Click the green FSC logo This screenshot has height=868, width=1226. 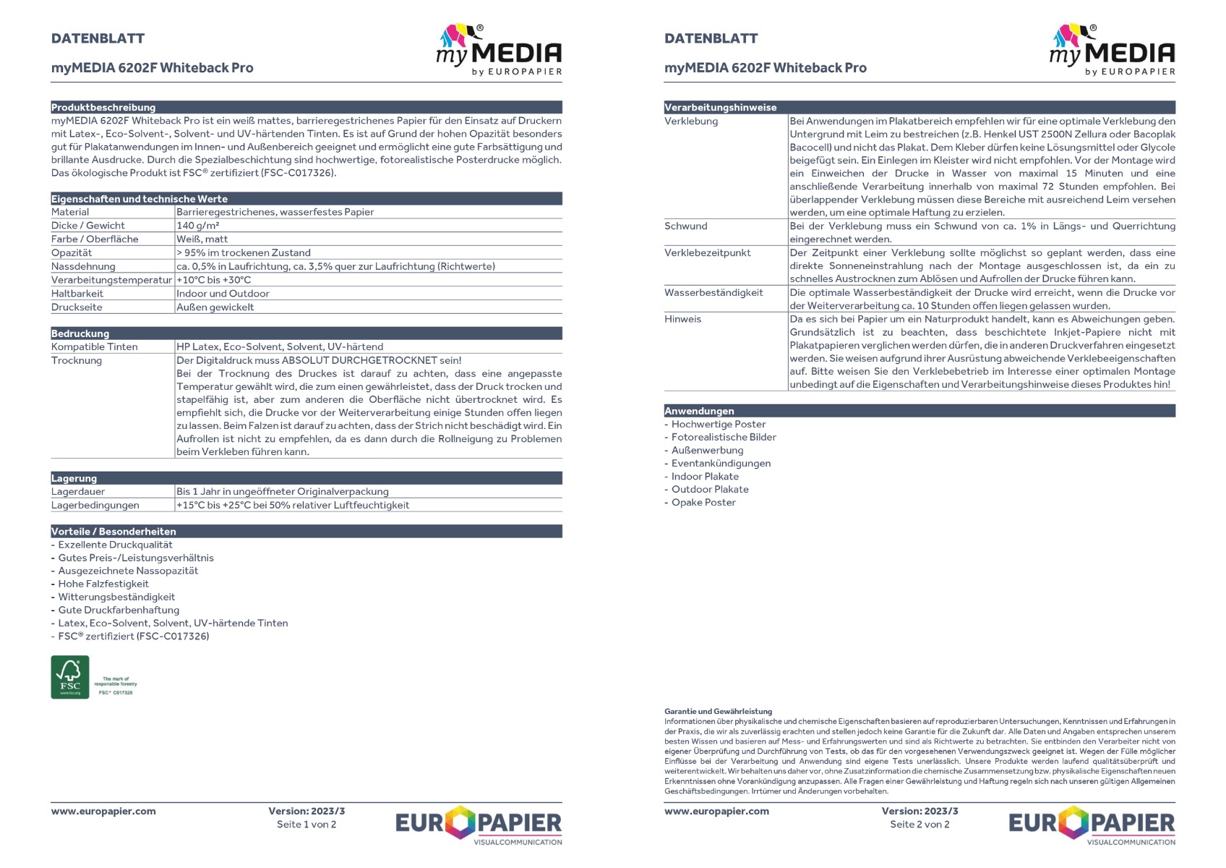[70, 677]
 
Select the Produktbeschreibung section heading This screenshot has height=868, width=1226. [103, 107]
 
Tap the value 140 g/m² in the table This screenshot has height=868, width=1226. [198, 226]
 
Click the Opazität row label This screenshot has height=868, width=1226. [72, 252]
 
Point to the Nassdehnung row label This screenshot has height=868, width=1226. [83, 266]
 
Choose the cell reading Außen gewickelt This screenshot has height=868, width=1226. [215, 307]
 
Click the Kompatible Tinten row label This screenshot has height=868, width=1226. [94, 346]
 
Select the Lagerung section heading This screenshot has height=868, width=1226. [74, 478]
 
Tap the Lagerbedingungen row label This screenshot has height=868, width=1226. [95, 505]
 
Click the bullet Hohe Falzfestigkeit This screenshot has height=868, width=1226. [103, 584]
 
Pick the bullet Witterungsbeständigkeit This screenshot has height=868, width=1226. [116, 597]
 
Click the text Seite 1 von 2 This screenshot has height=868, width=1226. [306, 824]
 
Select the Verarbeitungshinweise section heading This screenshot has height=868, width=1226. [721, 107]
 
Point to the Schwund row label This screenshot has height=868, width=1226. [686, 226]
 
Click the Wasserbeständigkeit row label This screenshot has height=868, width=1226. [713, 292]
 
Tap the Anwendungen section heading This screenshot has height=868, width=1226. [699, 411]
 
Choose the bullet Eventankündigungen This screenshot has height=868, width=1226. [721, 463]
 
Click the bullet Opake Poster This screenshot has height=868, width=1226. [703, 502]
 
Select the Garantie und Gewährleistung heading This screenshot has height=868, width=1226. [718, 711]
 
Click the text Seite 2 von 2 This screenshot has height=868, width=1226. [919, 824]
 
